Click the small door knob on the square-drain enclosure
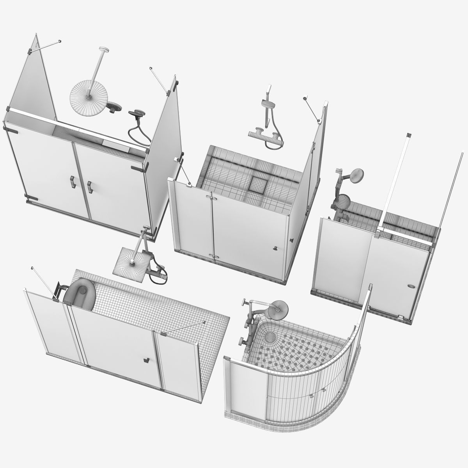click(275, 248)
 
